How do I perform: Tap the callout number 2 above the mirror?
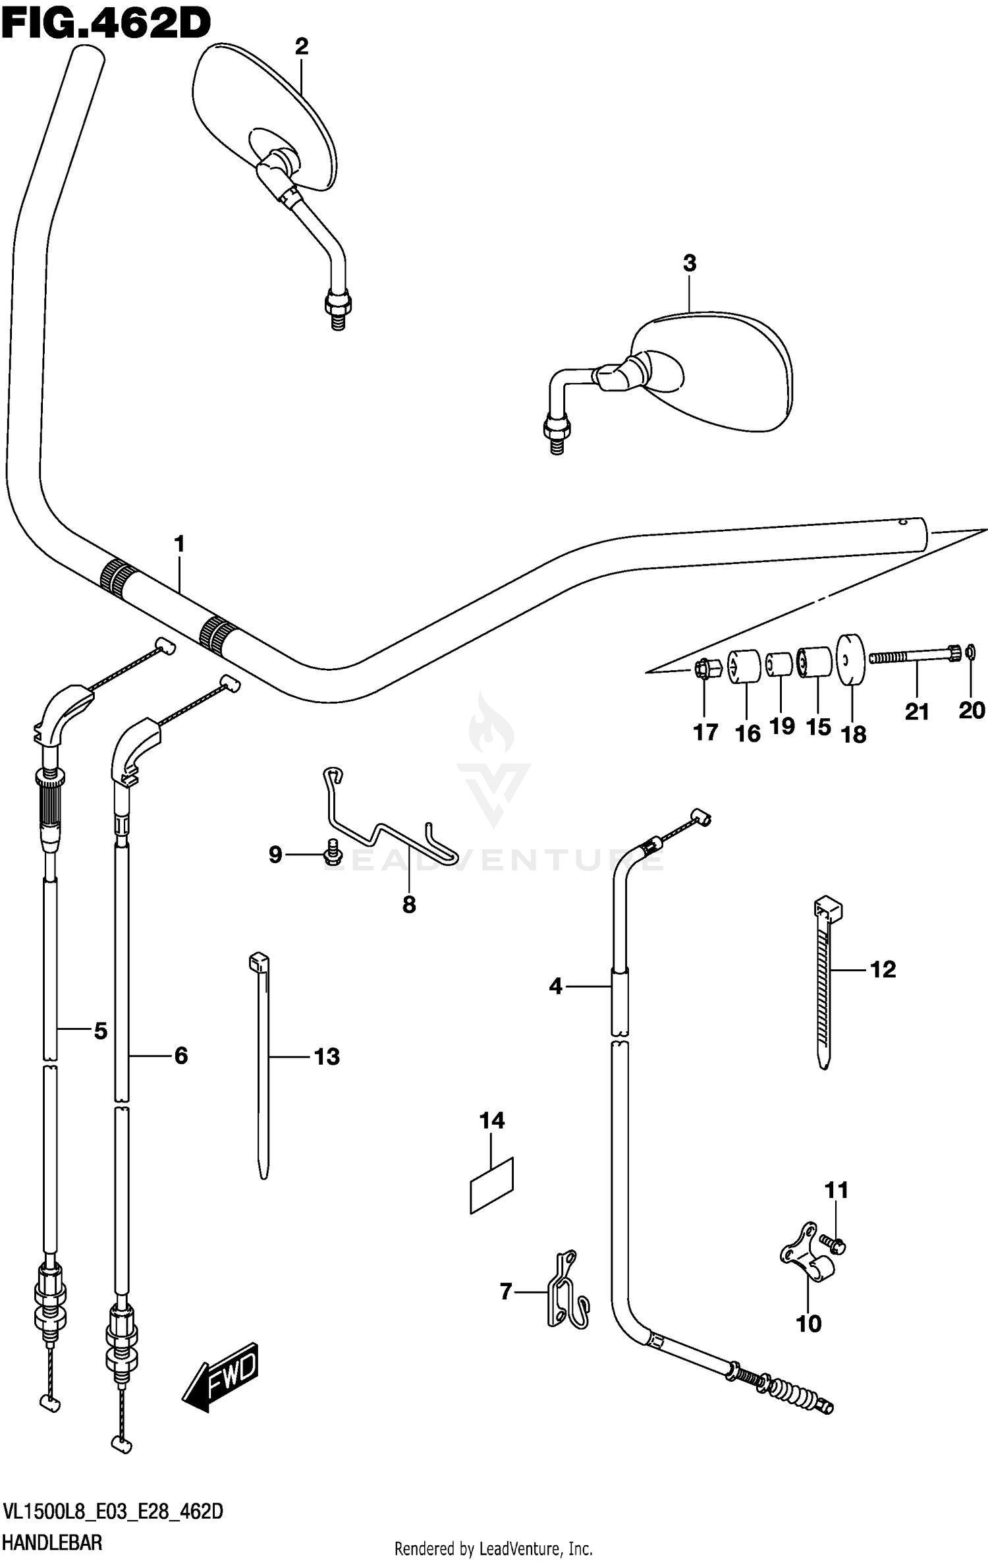(301, 46)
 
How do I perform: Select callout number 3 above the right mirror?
(689, 263)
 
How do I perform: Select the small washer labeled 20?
(970, 653)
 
